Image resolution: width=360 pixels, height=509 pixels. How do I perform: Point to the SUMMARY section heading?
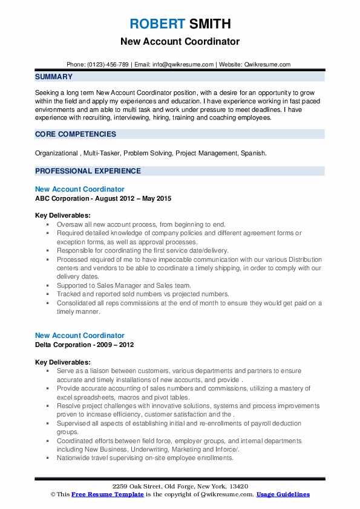(x=54, y=77)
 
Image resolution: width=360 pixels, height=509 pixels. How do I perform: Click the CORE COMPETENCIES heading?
(x=76, y=134)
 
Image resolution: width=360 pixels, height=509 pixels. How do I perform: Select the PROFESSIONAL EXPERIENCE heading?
(x=88, y=171)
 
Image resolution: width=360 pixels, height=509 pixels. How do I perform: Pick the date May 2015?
(x=152, y=199)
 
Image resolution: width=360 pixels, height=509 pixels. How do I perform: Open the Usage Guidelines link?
(x=283, y=494)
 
